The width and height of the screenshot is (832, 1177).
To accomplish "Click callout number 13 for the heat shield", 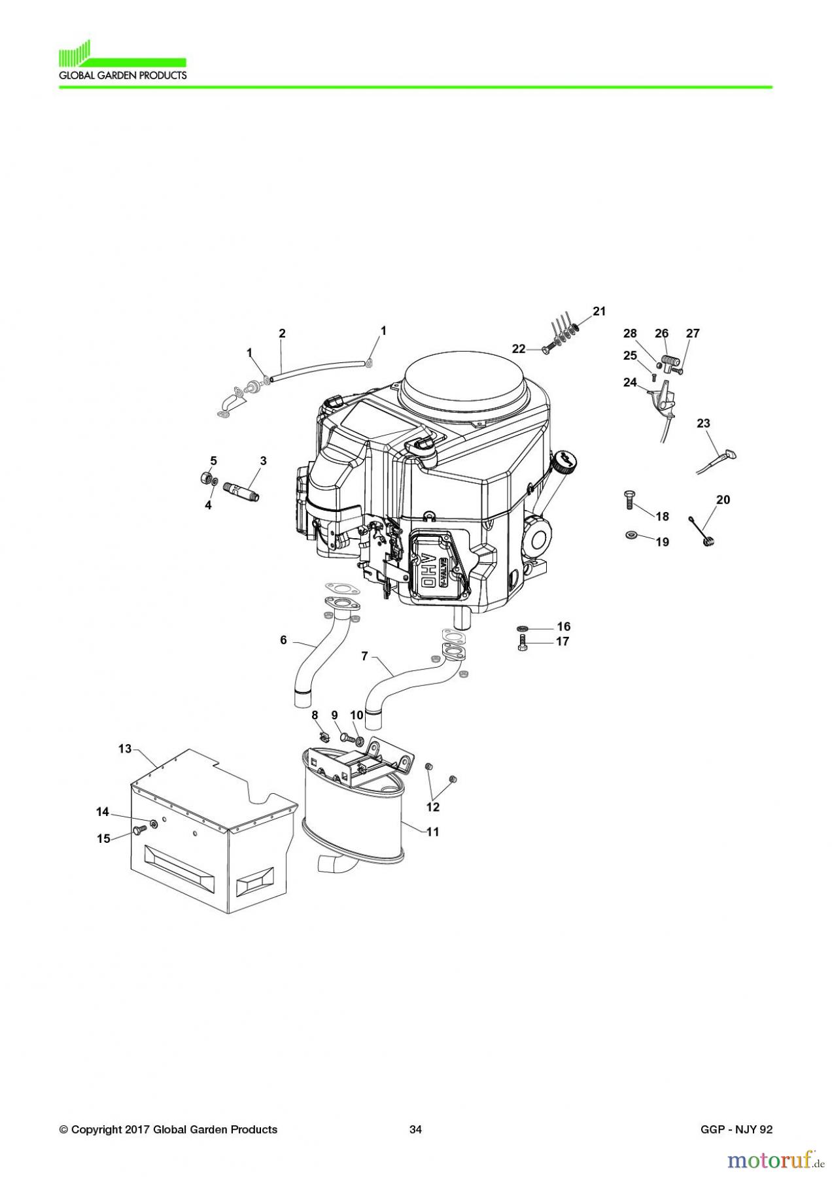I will [125, 749].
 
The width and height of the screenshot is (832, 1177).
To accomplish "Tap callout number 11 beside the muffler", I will [432, 832].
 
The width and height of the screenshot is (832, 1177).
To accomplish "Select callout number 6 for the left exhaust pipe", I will [283, 640].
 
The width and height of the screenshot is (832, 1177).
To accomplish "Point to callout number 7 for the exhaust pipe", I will [365, 656].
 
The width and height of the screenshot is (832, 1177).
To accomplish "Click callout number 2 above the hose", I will [282, 333].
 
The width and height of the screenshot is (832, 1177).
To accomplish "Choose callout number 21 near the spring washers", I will [599, 311].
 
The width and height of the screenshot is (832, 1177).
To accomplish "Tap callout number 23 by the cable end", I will [703, 423].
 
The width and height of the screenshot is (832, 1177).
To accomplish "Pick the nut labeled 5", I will [204, 477].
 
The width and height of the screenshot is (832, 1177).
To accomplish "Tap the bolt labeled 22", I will [547, 350].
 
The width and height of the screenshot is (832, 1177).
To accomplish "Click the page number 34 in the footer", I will [415, 1129].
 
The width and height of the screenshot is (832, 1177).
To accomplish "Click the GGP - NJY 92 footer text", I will [735, 1129].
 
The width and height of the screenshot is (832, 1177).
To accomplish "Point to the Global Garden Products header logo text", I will [123, 75].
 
